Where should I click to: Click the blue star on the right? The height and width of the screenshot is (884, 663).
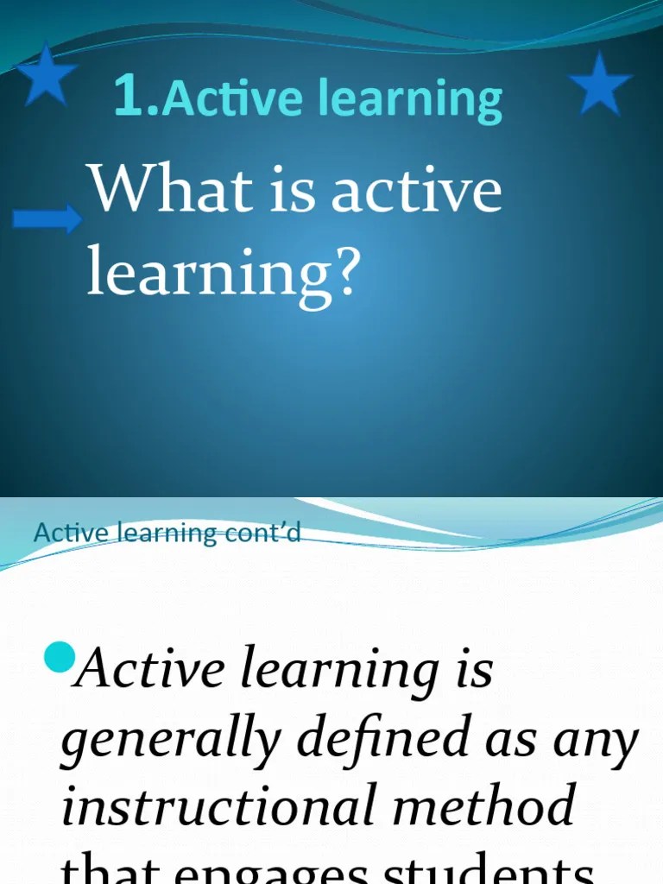pos(599,83)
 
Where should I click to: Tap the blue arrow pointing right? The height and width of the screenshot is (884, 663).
pos(47,219)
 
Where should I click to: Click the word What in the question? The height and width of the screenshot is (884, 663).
pos(159,192)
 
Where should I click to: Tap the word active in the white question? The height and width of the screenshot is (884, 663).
pos(417,192)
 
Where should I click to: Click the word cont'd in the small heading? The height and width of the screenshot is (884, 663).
pos(267,534)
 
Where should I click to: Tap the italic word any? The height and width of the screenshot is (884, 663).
pos(599,741)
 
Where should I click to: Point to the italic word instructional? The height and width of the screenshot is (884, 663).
pos(212,806)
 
